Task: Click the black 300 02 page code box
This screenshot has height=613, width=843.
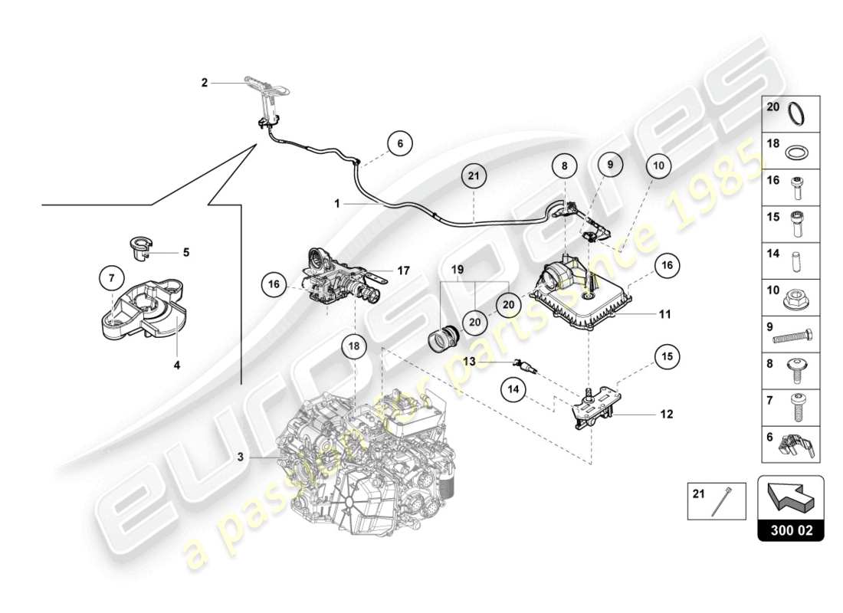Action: tap(790, 529)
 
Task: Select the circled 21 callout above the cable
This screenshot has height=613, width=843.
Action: tap(474, 176)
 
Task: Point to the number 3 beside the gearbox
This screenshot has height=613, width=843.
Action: tap(240, 457)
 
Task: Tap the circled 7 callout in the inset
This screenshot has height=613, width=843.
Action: tap(111, 277)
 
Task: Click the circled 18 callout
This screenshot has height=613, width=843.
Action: tap(355, 346)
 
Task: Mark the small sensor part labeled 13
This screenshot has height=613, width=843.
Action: tap(526, 364)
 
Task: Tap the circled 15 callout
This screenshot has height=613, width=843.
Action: tap(666, 356)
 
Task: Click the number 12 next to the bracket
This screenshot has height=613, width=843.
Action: tap(666, 414)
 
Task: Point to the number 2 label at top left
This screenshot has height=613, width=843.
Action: tap(205, 82)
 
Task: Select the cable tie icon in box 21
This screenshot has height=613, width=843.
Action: tap(720, 503)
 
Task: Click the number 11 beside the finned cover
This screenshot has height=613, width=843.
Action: tap(665, 313)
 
